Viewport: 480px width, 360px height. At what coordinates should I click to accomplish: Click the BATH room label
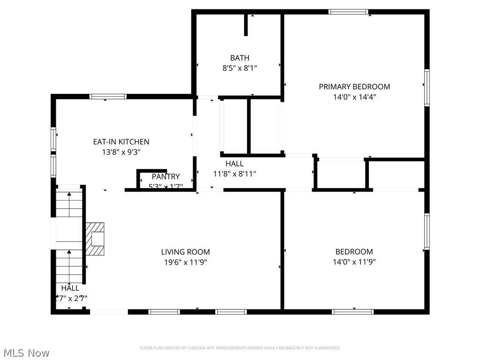point(240,58)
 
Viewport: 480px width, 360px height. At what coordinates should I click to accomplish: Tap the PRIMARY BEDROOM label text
point(354,87)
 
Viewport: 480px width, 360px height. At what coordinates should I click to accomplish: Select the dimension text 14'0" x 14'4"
point(354,97)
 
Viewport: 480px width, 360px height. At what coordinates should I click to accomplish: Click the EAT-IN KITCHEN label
point(121,142)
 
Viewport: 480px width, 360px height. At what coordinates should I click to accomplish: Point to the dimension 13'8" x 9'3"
point(121,152)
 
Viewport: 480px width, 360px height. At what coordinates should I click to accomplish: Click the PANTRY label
point(165,177)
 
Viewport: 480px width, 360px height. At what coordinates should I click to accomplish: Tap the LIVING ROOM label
point(186,252)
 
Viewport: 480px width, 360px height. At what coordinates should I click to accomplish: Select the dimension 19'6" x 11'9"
point(186,262)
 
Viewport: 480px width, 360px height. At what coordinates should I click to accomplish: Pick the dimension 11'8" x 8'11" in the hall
point(234,173)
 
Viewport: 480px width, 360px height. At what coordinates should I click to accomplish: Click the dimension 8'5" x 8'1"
point(240,68)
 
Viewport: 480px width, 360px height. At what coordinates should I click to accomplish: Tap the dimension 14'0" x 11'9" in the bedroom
point(354,262)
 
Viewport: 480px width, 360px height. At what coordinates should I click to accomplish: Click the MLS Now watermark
point(25,352)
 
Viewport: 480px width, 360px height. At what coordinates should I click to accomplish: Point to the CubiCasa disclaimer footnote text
point(240,348)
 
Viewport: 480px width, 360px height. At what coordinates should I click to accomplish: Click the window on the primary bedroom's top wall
point(348,12)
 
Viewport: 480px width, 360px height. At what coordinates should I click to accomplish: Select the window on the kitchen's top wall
point(108,97)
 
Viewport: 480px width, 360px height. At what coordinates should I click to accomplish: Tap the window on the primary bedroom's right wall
point(427,87)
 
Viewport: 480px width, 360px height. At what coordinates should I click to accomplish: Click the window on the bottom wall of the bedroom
point(352,311)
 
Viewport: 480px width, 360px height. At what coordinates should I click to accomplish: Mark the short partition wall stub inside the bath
point(246,25)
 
